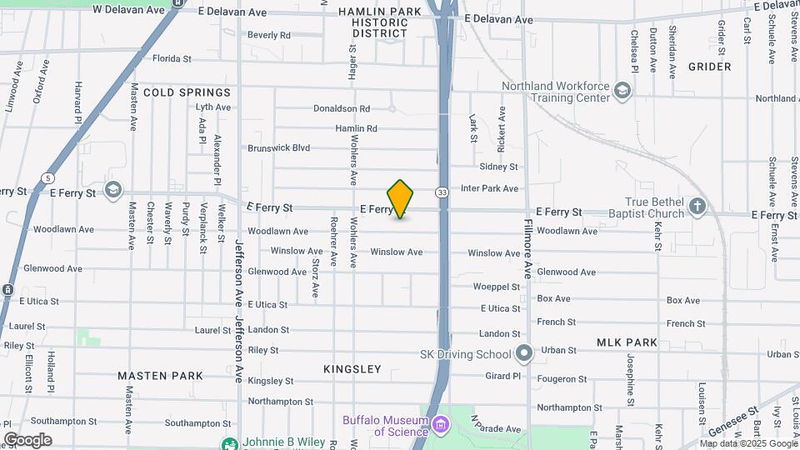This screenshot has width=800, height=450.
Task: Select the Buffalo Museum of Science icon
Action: tap(441, 426)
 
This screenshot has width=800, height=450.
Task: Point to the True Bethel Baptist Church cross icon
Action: tap(698, 206)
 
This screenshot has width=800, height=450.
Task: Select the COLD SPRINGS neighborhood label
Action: tap(187, 92)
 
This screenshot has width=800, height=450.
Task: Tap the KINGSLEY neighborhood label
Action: tap(352, 369)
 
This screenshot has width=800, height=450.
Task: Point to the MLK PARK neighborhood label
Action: tap(627, 342)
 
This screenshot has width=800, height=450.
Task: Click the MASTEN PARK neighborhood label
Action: tap(160, 376)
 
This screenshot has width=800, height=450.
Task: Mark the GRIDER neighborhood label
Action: tap(710, 67)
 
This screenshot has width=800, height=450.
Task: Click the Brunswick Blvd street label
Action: tap(278, 148)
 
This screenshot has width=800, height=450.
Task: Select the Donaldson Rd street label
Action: tap(342, 108)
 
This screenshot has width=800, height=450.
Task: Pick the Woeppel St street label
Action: tap(497, 287)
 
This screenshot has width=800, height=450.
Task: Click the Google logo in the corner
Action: tap(27, 440)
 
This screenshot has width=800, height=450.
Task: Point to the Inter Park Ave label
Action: tap(489, 189)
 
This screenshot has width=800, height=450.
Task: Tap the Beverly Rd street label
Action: tap(268, 35)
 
